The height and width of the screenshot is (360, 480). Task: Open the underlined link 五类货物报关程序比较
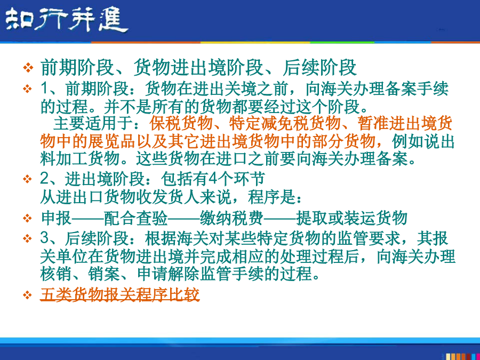(x=119, y=294)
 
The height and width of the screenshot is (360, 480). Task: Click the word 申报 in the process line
(x=56, y=218)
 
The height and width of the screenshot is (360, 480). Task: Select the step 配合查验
(x=135, y=218)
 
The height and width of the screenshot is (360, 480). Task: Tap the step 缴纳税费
(x=232, y=218)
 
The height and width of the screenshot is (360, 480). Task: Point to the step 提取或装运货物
(x=352, y=218)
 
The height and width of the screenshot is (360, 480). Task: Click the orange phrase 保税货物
(x=181, y=123)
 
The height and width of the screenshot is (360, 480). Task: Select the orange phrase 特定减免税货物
(x=285, y=123)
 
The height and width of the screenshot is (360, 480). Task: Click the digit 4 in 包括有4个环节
(x=212, y=179)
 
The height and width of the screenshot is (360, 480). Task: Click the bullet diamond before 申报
(x=28, y=218)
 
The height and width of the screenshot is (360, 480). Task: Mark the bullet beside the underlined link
(x=28, y=295)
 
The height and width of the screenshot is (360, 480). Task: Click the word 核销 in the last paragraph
(x=56, y=274)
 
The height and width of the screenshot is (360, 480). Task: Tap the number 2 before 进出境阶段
(x=45, y=179)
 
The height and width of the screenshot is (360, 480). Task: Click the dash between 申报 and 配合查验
(x=88, y=219)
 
